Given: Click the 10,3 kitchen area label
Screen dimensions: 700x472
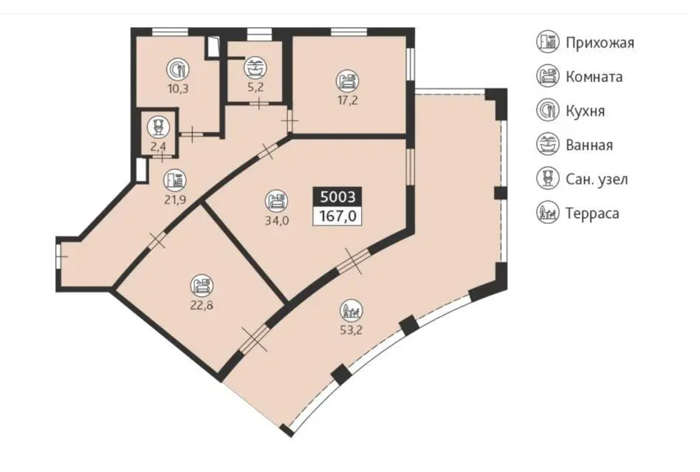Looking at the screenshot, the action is tap(178, 89).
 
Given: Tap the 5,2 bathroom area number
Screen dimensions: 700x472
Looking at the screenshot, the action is tap(255, 87).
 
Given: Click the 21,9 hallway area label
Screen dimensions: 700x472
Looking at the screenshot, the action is tap(175, 199).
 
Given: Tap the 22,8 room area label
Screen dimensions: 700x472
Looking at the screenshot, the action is tap(202, 306).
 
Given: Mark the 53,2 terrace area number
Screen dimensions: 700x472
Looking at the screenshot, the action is tap(351, 330).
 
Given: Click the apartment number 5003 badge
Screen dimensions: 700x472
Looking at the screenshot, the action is tap(337, 197).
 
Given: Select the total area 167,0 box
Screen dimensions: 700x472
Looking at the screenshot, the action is tap(337, 216).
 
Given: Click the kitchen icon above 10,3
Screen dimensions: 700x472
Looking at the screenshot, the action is tap(178, 69).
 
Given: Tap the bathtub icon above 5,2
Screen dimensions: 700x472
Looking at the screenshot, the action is tap(255, 68).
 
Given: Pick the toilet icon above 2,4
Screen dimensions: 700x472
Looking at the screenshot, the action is tap(159, 127).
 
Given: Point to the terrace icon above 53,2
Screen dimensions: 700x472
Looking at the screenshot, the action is tap(351, 310).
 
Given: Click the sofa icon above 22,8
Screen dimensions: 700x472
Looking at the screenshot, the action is tap(202, 285).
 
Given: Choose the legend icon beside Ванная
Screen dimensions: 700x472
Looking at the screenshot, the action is tap(548, 145).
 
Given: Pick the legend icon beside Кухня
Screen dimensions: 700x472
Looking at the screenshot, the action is tap(548, 111).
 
